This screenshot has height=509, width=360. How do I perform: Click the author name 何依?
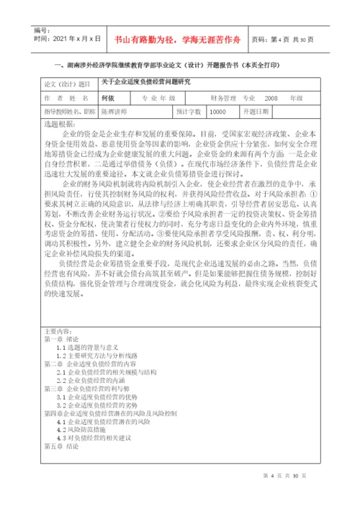109,97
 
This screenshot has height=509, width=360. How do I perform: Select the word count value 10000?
217,112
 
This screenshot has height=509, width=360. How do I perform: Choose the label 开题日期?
256,112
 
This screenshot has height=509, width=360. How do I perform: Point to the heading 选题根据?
59,124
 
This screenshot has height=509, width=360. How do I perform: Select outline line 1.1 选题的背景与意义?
91,347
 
